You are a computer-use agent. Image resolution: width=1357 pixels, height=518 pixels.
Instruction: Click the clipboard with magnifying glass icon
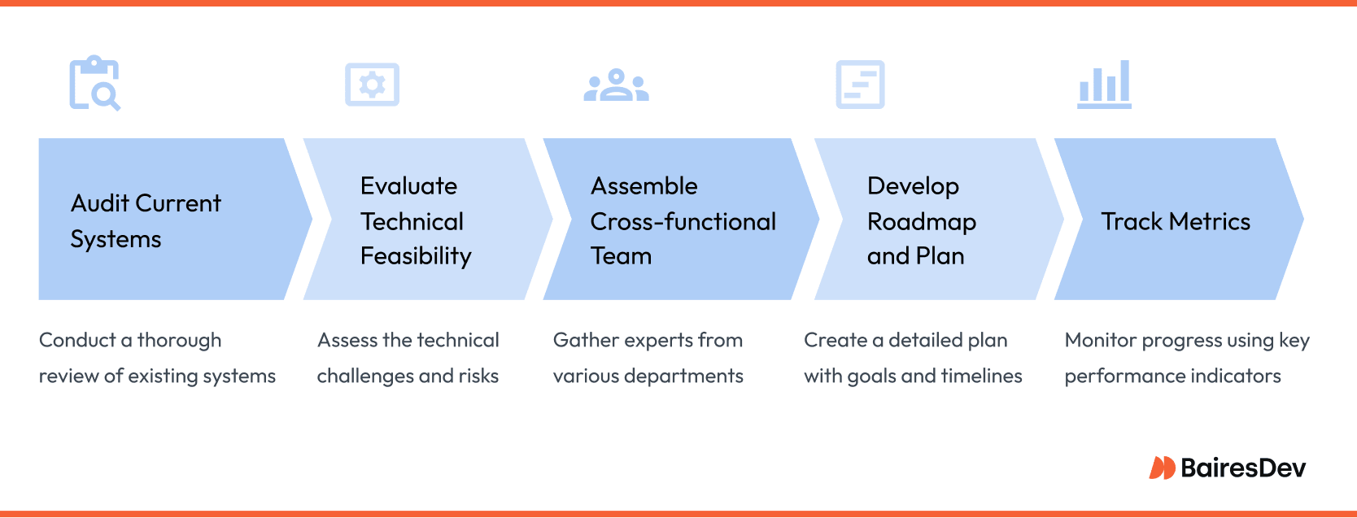pos(94,83)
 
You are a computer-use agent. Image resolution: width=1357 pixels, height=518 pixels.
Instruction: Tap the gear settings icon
pos(372,85)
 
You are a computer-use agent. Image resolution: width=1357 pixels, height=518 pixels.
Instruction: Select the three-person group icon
pos(616,85)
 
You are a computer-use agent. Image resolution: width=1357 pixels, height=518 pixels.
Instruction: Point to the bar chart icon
pos(1104,85)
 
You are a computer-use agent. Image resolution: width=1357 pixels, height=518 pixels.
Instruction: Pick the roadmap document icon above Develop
pos(860,85)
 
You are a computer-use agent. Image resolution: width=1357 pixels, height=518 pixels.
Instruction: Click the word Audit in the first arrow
pos(100,203)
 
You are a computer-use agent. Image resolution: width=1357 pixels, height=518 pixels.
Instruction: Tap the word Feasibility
pos(416,256)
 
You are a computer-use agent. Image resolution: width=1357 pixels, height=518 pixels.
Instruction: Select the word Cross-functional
pos(683,221)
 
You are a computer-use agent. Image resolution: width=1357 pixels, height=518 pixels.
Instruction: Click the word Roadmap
pos(922,222)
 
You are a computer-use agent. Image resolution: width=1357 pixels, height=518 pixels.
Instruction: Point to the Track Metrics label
pos(1176,221)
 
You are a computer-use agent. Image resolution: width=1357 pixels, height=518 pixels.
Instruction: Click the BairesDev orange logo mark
pos(1162,468)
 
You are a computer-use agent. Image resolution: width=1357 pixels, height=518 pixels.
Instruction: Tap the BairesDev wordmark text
pos(1243,468)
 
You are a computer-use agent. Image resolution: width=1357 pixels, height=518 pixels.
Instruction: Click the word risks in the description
pos(478,376)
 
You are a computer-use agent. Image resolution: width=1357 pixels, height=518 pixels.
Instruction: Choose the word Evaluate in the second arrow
pos(409,186)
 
